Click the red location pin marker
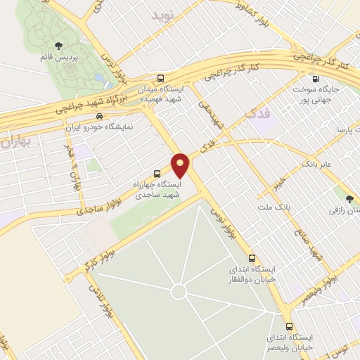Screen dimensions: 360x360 tap(181, 165)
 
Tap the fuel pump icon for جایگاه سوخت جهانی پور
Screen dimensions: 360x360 tap(315, 79)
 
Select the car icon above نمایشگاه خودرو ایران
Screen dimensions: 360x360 tap(99, 117)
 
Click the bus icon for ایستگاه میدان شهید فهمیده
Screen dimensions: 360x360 tap(162, 78)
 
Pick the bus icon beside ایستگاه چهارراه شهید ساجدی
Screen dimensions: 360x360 tap(157, 174)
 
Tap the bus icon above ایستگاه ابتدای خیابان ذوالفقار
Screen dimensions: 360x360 tap(252, 258)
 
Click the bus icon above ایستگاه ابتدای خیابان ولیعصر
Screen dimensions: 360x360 tap(289, 326)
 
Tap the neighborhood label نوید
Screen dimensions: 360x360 tap(172, 13)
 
